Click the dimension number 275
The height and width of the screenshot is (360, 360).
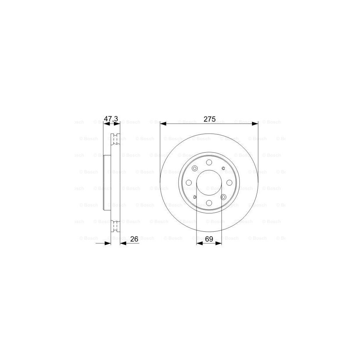coord(209,119)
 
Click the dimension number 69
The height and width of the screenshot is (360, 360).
coord(209,239)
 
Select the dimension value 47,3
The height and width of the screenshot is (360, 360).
coord(111,119)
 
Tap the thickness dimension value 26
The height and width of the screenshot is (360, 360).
coord(134,239)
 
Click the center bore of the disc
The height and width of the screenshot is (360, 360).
coord(209,182)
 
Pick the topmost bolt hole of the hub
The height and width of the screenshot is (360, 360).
coord(209,162)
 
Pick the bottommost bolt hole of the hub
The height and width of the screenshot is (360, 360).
coord(209,203)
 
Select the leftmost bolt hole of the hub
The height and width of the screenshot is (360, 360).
coord(189,182)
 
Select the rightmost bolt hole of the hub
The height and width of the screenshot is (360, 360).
coord(229,182)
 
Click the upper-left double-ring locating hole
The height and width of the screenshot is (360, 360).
coord(195,168)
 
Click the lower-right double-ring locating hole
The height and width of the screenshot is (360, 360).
coord(223,197)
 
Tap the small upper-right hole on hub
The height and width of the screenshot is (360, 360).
coord(223,168)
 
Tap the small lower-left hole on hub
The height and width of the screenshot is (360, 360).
coord(195,197)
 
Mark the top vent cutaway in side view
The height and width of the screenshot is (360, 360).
coord(116,140)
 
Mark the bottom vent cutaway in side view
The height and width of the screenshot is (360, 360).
coord(116,226)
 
